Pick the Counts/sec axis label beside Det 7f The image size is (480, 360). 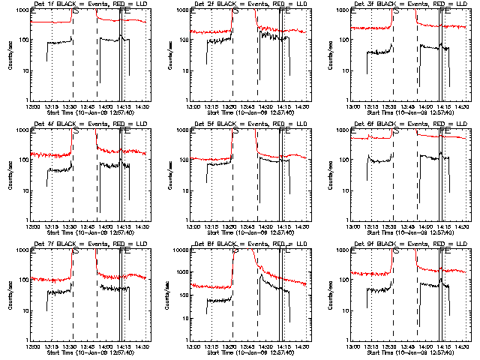pyautogui.click(x=9, y=295)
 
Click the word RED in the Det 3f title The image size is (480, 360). pyautogui.click(x=428, y=4)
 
